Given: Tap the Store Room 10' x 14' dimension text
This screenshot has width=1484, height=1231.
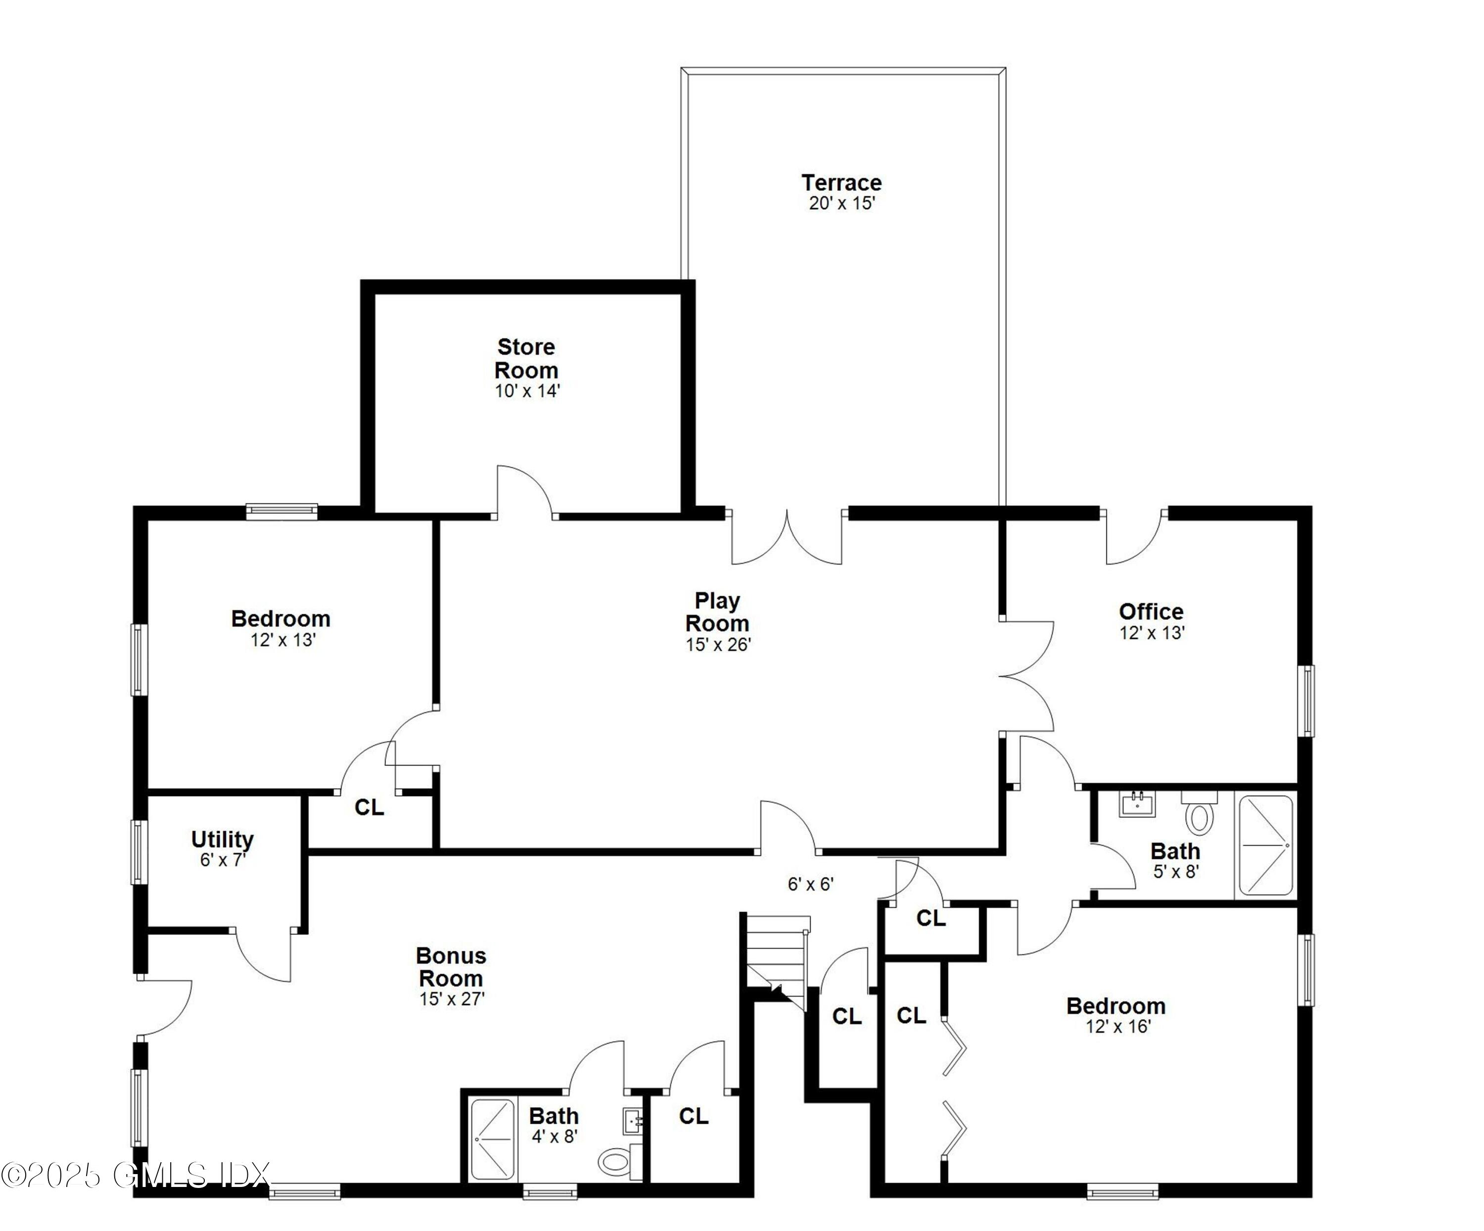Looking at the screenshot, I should tap(527, 391).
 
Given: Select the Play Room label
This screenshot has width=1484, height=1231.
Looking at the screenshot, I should tap(717, 612).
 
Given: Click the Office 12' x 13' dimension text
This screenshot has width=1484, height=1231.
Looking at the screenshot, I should tap(1152, 633).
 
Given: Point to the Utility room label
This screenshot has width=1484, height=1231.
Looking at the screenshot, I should tap(222, 840).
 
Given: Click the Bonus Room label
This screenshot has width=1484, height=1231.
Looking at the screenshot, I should tap(451, 967).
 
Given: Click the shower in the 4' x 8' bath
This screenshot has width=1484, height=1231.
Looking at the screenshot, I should tap(493, 1139).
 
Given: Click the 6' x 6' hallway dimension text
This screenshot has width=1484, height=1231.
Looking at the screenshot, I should tap(811, 884).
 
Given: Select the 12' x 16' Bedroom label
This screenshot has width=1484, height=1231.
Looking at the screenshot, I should tap(1116, 1005).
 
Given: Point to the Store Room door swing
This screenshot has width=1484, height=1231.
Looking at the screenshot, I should tap(524, 491).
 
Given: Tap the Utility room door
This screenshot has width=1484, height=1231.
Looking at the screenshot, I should tap(263, 955).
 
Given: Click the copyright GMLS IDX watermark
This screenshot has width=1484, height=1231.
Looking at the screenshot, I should tap(134, 1175).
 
